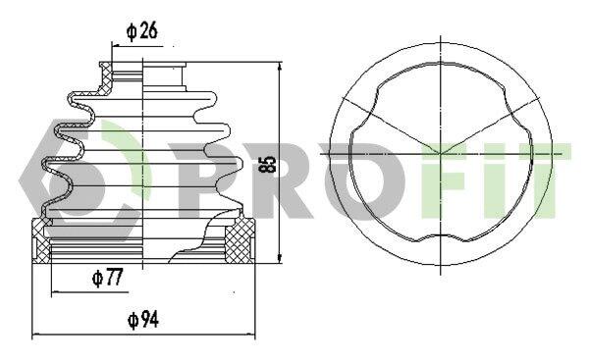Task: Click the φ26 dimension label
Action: (142, 31)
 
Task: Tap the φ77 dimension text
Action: (107, 279)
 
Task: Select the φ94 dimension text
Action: (143, 320)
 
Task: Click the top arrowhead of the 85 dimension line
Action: (279, 67)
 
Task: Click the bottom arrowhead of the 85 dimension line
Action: (279, 258)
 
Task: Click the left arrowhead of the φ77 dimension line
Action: (56, 291)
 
